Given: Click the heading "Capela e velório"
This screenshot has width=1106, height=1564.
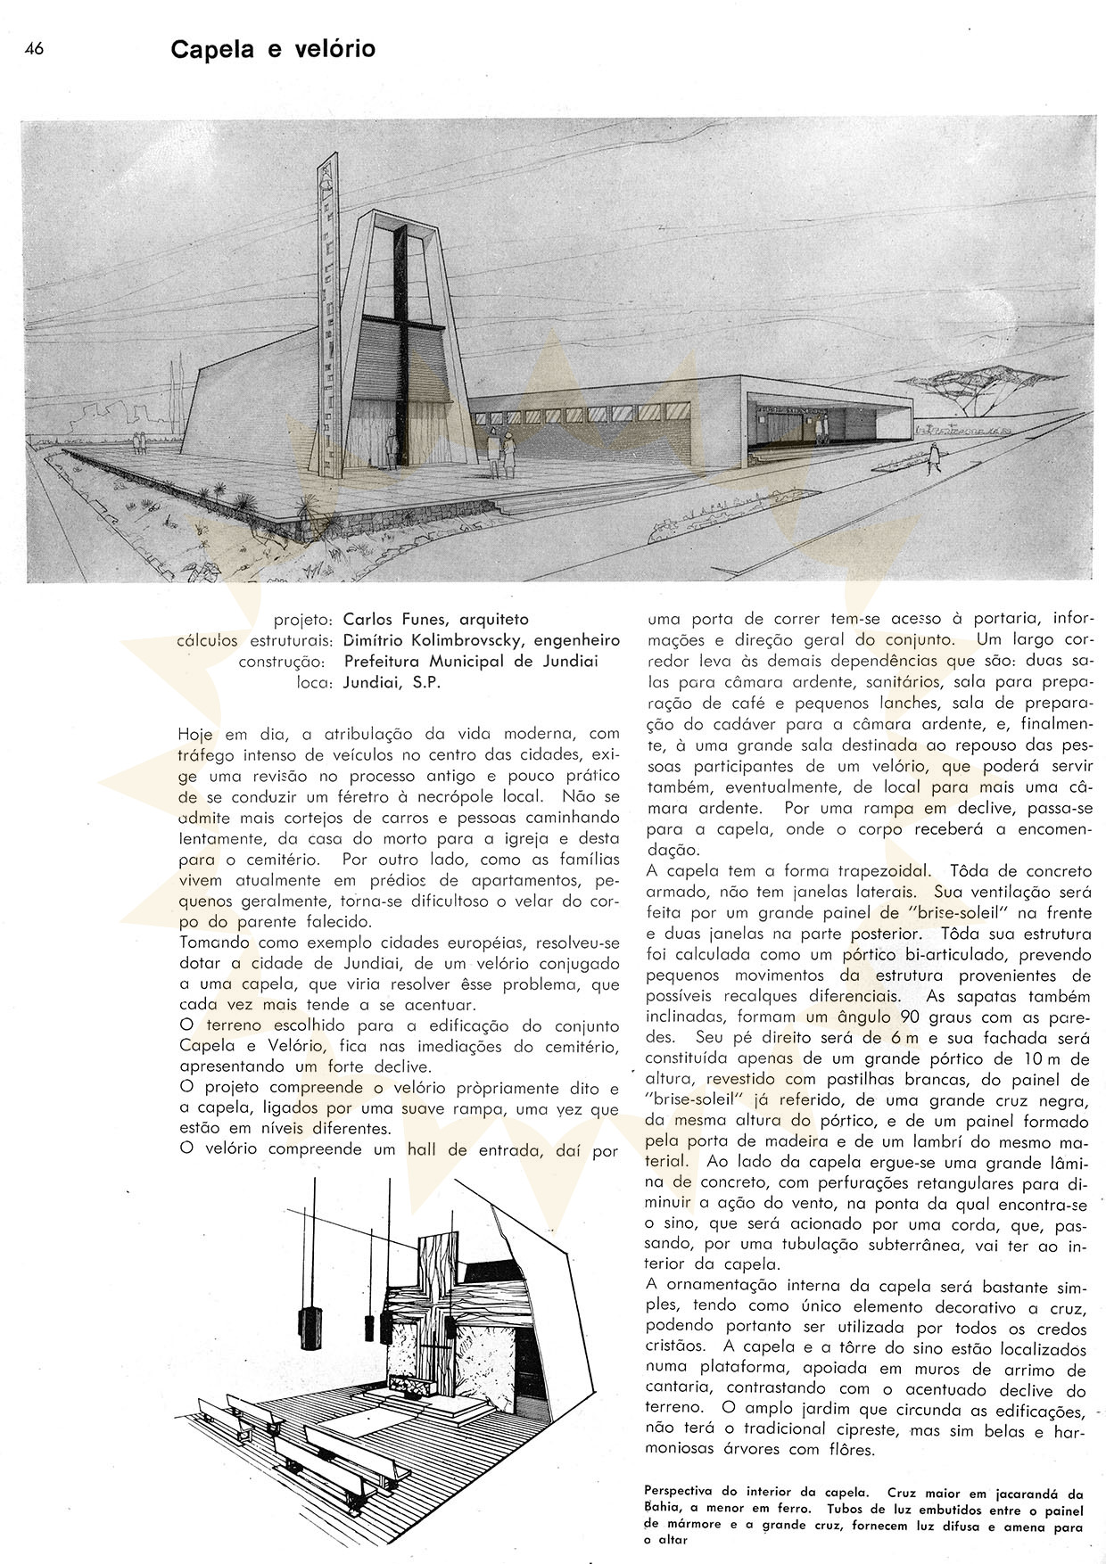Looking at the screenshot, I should (x=273, y=51).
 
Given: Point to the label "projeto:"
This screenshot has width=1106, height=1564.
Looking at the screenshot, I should (x=303, y=619).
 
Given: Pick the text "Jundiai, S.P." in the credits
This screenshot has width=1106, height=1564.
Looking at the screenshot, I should (x=392, y=683).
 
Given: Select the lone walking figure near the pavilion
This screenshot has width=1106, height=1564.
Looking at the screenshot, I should (x=934, y=457).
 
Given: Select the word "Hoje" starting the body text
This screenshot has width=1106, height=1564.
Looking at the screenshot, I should (x=195, y=735).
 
